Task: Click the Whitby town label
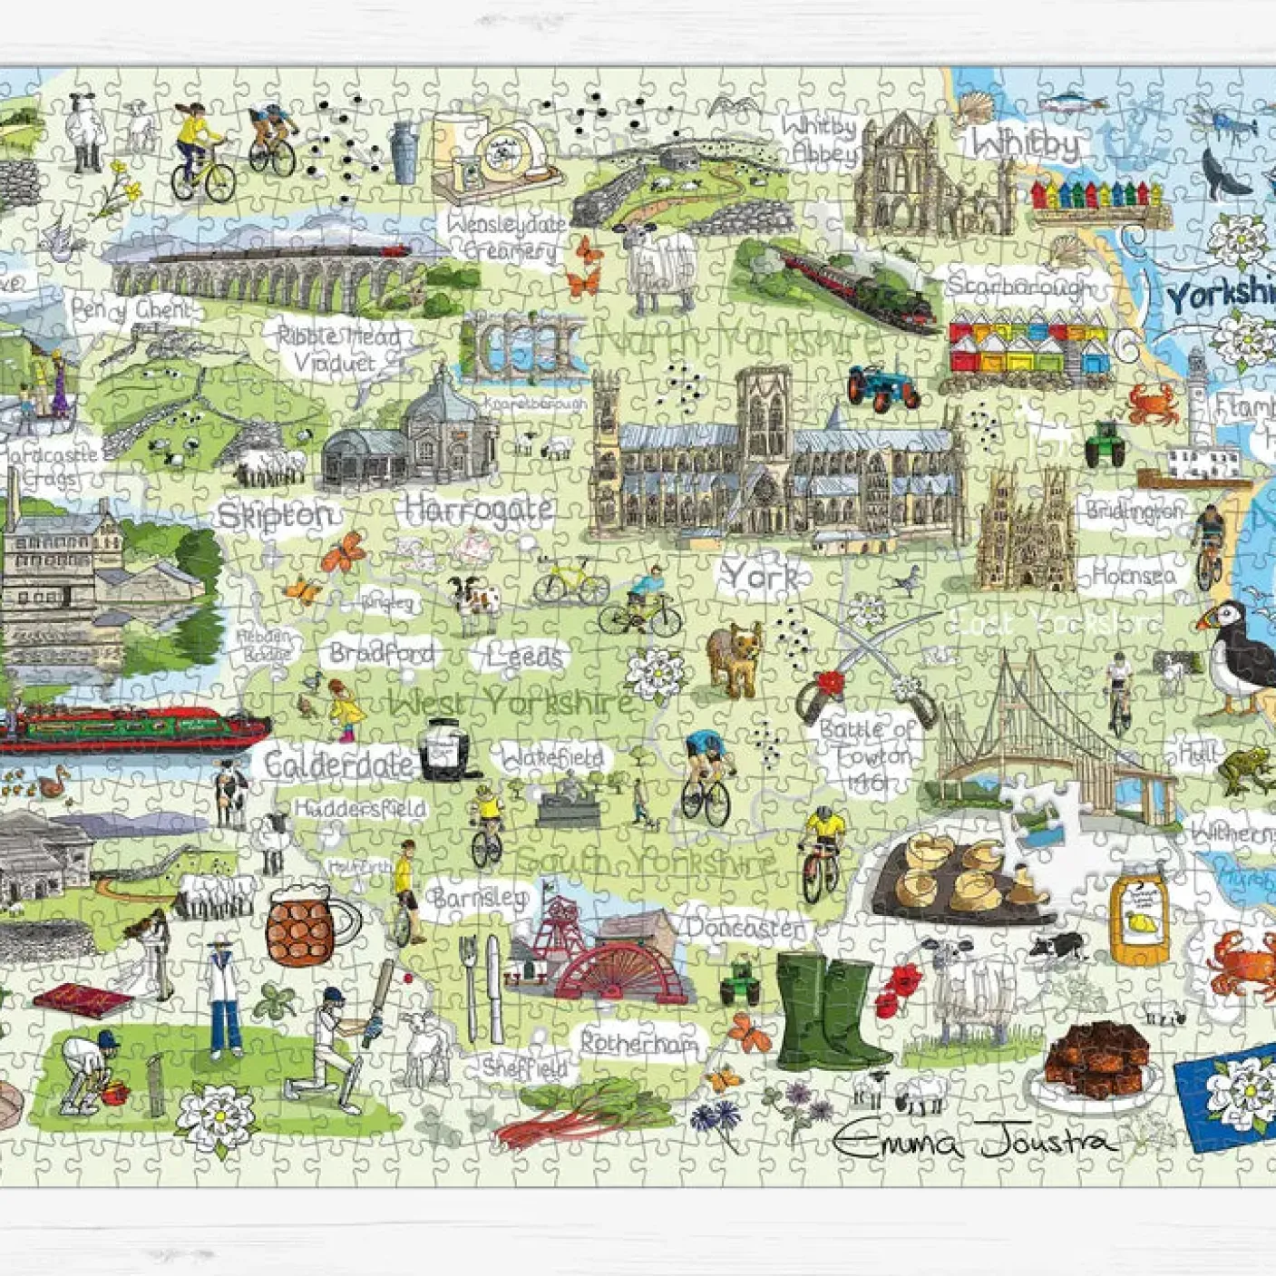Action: pos(1028,144)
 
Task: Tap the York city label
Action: pos(760,576)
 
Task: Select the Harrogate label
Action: pos(478,511)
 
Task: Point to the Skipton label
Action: pos(276,516)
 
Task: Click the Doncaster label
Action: pos(745,928)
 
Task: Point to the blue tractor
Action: pos(882,386)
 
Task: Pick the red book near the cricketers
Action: pos(83,999)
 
